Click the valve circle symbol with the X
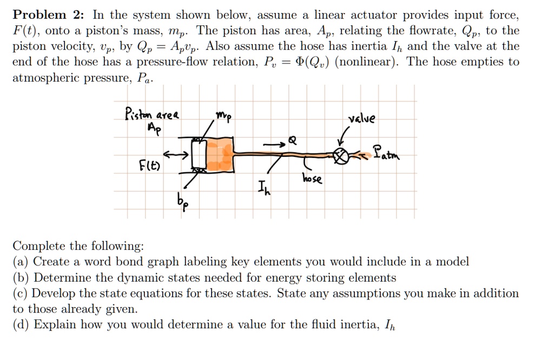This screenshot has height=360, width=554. click(x=340, y=156)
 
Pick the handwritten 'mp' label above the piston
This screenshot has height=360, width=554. click(x=223, y=116)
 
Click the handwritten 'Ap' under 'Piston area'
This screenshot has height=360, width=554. click(x=155, y=130)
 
